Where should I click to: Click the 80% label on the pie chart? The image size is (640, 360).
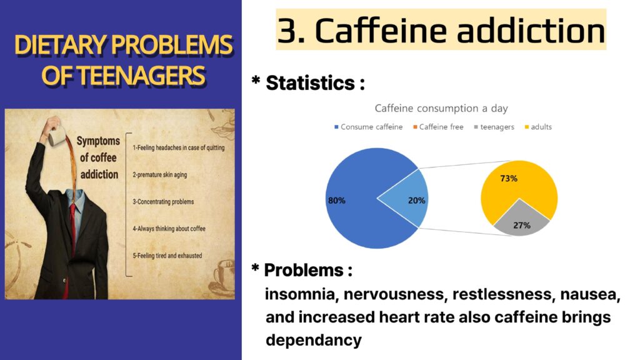337,201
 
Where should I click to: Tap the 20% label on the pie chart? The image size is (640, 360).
416,201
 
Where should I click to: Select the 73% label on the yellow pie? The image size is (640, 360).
509,178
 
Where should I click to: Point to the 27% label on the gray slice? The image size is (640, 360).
522,225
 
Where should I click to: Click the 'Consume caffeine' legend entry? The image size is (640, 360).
368,127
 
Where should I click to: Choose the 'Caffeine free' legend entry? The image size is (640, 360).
438,127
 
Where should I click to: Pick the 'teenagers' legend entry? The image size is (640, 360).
494,127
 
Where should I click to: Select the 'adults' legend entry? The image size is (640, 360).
538,127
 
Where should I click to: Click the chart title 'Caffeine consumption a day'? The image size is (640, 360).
441,109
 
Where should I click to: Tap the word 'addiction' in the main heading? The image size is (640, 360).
531,31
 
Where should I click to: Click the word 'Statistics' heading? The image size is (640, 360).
310,83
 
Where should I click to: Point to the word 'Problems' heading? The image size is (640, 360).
304,270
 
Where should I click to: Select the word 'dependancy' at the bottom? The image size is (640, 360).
314,340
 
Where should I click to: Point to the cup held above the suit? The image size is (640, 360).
57,136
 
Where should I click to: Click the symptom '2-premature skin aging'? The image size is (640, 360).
159,175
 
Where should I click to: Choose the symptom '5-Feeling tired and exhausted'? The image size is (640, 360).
167,256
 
